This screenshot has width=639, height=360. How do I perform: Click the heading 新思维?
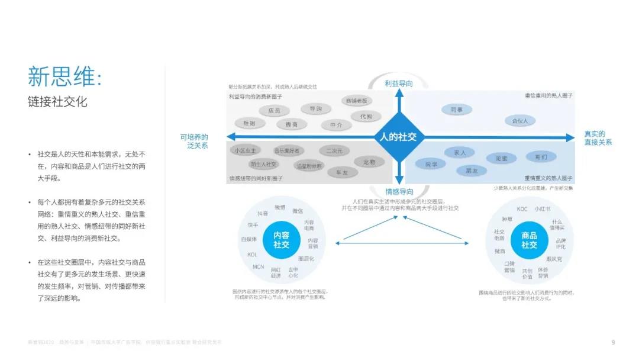coord(64,76)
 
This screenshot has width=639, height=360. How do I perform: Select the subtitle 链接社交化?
coord(57,101)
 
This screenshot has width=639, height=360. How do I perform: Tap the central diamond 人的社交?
coord(399,137)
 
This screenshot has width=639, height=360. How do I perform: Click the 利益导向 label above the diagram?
coord(399,84)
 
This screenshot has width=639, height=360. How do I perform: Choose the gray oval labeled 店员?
coord(274,111)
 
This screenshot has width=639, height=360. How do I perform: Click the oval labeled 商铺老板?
coord(357,101)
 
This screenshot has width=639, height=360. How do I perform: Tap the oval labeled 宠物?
coord(369,161)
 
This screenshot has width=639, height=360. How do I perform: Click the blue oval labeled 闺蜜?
coord(501,158)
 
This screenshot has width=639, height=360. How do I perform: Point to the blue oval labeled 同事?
coord(456,110)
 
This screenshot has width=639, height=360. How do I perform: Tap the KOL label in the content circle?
coord(251,255)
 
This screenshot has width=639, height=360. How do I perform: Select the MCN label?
coord(259,267)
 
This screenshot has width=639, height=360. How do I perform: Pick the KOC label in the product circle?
coord(522,209)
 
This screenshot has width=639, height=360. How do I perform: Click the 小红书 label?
coord(543,209)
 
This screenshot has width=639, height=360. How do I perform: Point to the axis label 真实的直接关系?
coord(598,138)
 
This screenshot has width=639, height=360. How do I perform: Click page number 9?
coord(613,342)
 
